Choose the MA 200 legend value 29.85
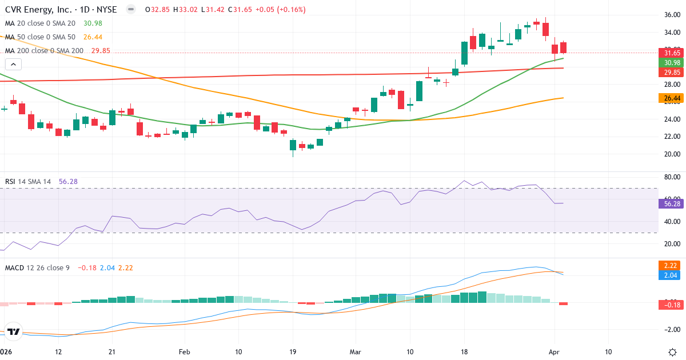point(100,51)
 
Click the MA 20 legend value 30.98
point(92,23)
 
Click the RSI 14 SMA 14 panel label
point(28,182)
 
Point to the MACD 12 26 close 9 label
point(37,267)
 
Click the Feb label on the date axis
point(184,351)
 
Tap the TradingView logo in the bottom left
point(14,331)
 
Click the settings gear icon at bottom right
point(672,351)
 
